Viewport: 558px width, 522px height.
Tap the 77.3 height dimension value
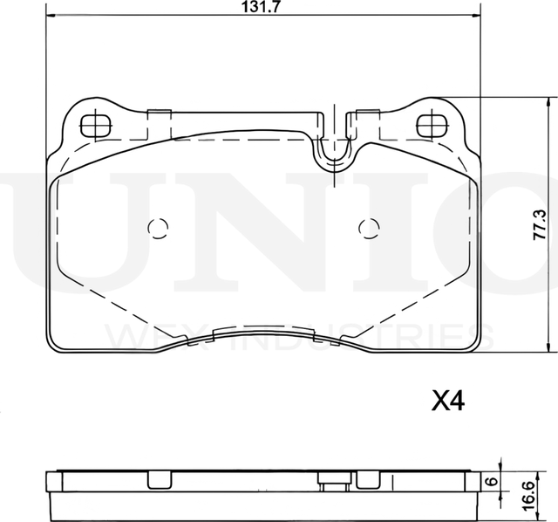(x=541, y=224)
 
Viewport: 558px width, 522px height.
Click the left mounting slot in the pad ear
(x=93, y=125)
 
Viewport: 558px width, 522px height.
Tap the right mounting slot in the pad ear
(x=431, y=125)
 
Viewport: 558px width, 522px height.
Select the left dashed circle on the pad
(x=158, y=229)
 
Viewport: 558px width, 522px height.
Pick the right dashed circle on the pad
(x=369, y=229)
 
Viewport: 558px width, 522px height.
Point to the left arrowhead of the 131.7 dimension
(x=49, y=17)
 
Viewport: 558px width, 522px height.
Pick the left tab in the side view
(x=157, y=480)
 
